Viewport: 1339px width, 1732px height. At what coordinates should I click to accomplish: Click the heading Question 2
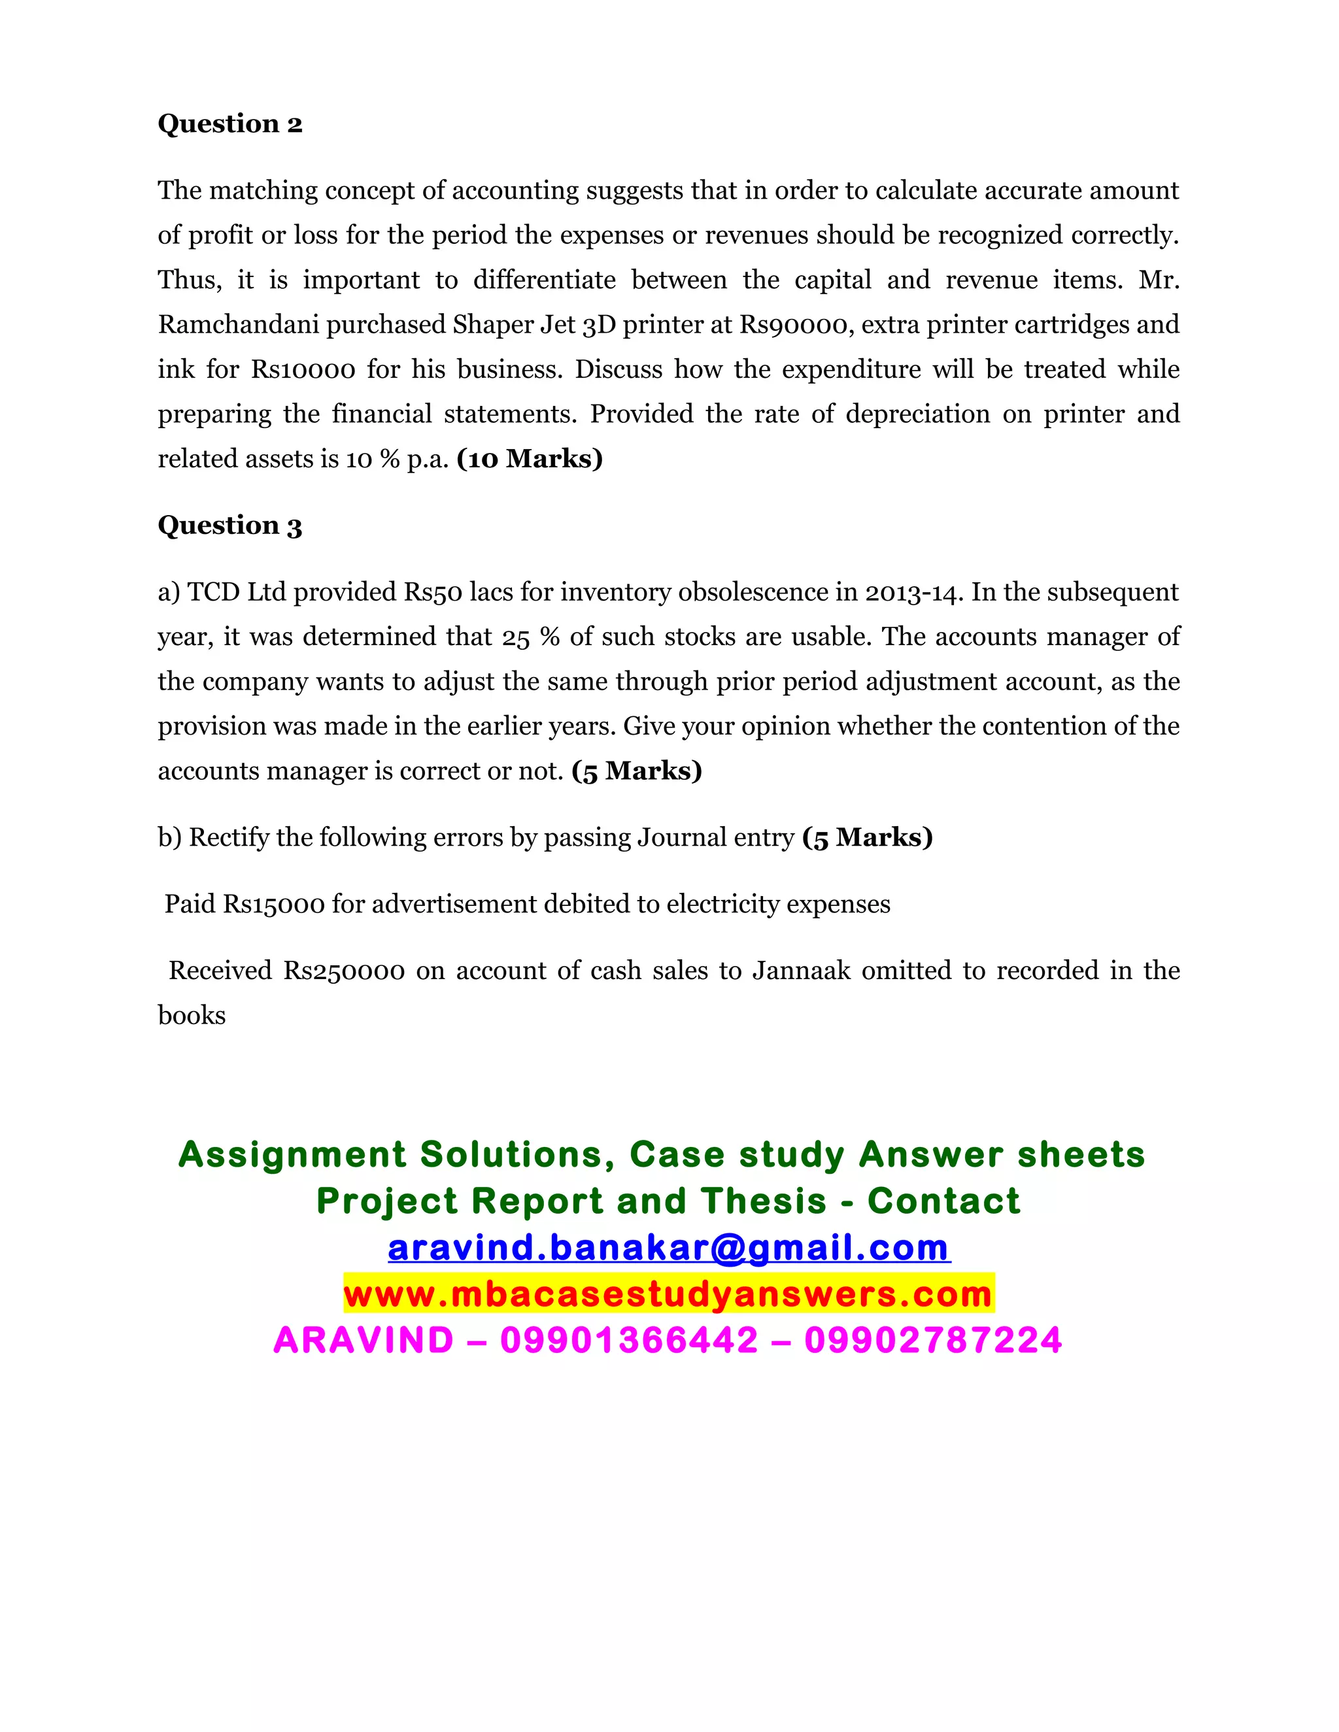pos(230,124)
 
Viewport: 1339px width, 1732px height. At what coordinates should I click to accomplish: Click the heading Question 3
pos(230,525)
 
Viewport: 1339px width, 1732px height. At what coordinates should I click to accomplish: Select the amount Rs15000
pos(274,905)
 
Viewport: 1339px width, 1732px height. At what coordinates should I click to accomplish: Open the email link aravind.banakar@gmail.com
pos(669,1248)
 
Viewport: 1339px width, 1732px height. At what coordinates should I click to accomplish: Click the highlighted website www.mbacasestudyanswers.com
pos(668,1294)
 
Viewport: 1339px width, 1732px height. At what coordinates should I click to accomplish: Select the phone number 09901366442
pos(629,1341)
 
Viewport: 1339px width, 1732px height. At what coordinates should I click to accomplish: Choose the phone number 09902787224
pos(933,1341)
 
